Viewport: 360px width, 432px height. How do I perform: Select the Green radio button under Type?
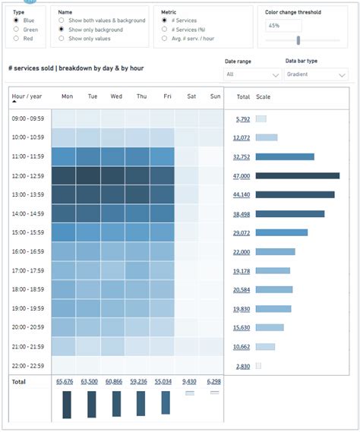[x=17, y=30]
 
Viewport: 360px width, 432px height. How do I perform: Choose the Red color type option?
[x=17, y=38]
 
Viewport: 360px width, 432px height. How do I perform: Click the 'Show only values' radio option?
[x=62, y=38]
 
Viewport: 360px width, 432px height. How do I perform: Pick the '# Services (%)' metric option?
[x=166, y=30]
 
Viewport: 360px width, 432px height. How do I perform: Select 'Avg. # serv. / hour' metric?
[x=166, y=38]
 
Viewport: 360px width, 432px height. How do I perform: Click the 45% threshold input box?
[x=283, y=26]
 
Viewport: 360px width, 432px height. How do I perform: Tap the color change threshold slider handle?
[x=298, y=40]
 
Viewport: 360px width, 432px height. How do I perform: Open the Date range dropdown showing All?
[x=252, y=74]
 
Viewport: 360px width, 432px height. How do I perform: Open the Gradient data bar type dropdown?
[x=316, y=74]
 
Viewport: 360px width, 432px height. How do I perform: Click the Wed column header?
[x=116, y=97]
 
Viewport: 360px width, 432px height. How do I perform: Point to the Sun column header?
[x=215, y=97]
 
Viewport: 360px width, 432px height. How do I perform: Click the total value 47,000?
[x=242, y=175]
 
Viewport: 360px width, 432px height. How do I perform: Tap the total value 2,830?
[x=243, y=366]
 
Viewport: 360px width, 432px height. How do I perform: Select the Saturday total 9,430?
[x=190, y=382]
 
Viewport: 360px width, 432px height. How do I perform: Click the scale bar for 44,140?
[x=295, y=194]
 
